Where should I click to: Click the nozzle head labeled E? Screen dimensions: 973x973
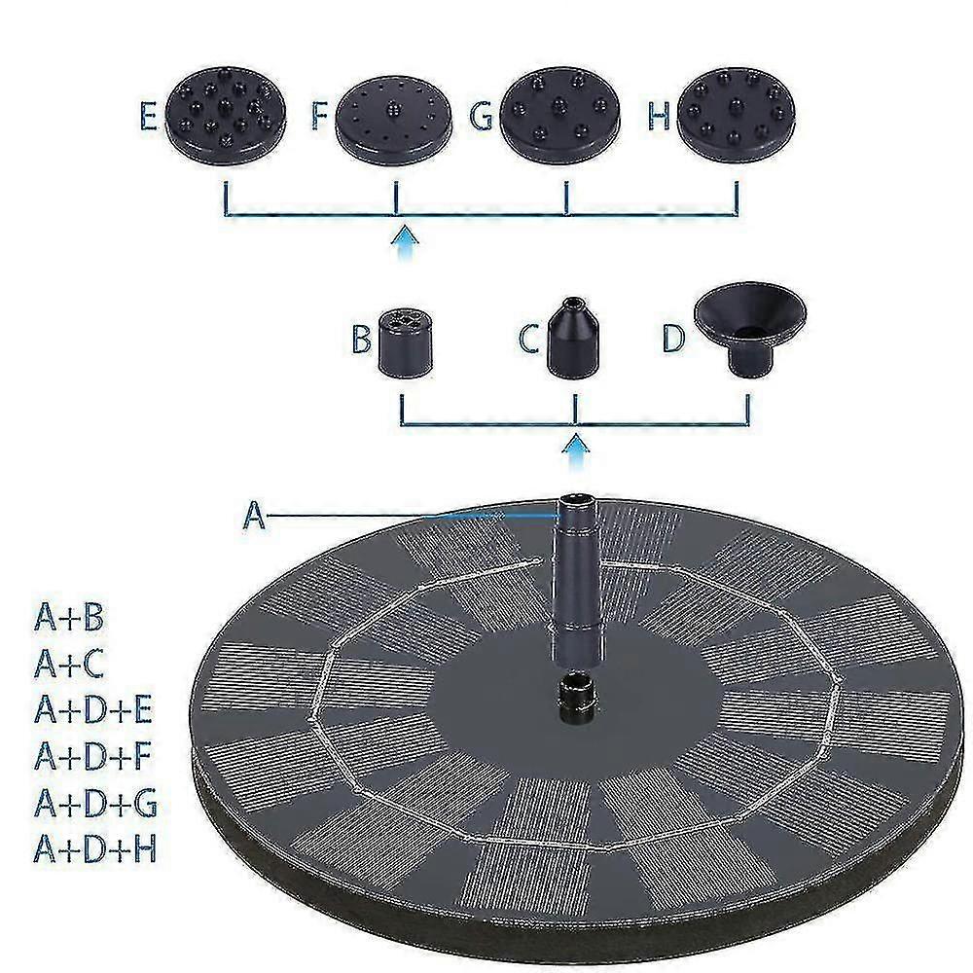[226, 115]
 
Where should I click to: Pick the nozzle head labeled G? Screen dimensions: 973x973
[560, 116]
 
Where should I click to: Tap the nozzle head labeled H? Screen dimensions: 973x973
[736, 116]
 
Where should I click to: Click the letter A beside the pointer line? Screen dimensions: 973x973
[254, 515]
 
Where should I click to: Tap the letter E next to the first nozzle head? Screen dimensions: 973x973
[148, 116]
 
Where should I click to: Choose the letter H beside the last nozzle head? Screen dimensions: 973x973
[659, 116]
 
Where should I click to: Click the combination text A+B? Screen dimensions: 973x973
[69, 617]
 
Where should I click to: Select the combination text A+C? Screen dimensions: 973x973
[69, 664]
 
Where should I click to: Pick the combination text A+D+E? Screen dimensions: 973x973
[93, 710]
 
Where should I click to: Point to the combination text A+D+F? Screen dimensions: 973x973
[93, 756]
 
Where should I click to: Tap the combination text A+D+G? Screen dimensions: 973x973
[95, 803]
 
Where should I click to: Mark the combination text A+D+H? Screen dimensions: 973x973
[95, 848]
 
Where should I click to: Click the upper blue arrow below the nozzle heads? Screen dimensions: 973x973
[405, 243]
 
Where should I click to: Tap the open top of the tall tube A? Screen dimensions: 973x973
[575, 498]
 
